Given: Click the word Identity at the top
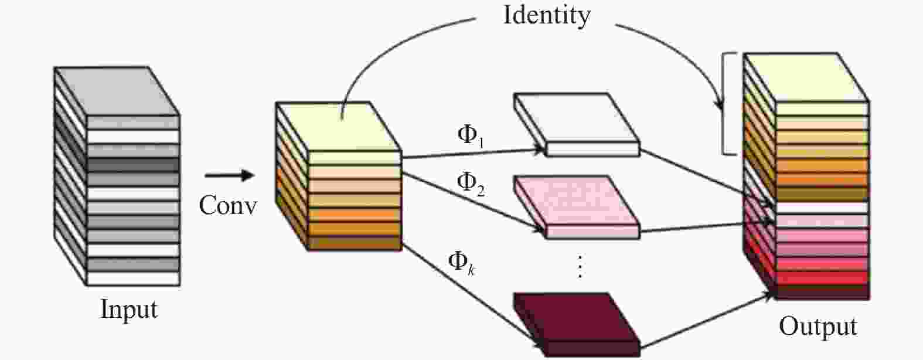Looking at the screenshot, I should (546, 15).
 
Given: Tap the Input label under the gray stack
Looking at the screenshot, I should (129, 309).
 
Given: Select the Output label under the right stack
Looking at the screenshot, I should (818, 326).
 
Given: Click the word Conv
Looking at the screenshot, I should (227, 205).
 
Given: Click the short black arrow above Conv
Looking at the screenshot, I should (229, 175).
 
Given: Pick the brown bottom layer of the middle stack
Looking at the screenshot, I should (355, 243).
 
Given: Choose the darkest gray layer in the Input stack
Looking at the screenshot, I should (132, 165).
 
